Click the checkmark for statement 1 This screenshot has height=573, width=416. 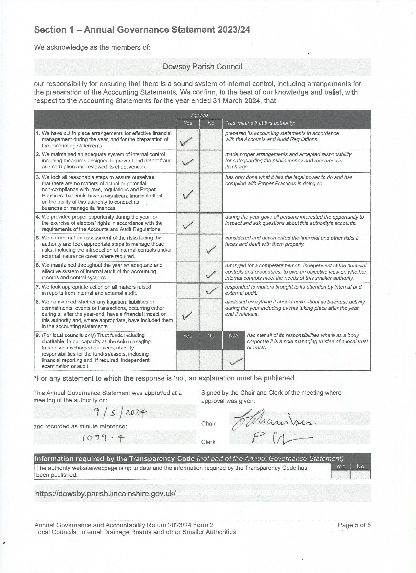click(186, 141)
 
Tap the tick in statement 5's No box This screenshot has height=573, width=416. click(211, 249)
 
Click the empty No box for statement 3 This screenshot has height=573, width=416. click(211, 192)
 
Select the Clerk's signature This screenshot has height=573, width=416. click(280, 440)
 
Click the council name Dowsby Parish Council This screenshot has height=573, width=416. click(202, 67)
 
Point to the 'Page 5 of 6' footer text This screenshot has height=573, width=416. click(354, 525)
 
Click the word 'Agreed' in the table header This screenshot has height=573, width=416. click(199, 115)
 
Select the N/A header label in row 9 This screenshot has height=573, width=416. click(234, 336)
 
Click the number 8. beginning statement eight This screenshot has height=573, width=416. click(38, 302)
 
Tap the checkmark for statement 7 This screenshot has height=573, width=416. click(211, 290)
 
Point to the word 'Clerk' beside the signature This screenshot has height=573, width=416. click(208, 442)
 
